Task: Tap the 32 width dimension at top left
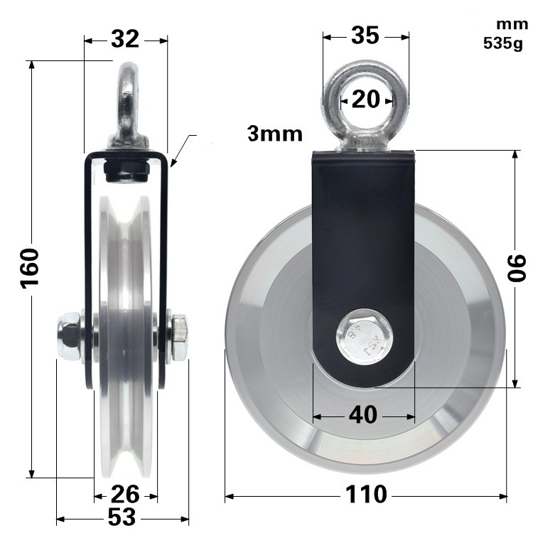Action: tap(125, 40)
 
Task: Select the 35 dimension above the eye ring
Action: tap(365, 36)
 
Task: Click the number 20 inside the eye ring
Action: tap(366, 99)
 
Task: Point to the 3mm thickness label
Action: tap(274, 133)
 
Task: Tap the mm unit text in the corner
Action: tap(507, 26)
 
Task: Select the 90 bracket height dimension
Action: tap(517, 269)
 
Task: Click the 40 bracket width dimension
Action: tap(363, 415)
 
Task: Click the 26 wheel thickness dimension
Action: tap(125, 492)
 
